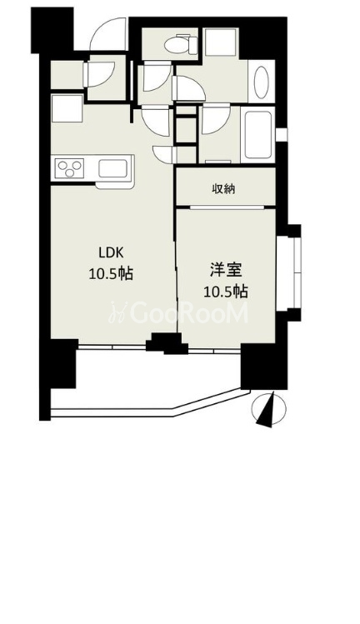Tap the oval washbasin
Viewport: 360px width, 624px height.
coord(261,82)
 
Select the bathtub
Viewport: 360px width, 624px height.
coord(258,135)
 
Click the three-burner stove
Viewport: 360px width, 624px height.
coord(70,167)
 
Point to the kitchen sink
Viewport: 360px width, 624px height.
coord(113,168)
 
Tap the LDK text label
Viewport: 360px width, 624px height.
coord(111,252)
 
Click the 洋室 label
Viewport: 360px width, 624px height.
coord(226,271)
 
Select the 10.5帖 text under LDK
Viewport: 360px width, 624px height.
coord(111,273)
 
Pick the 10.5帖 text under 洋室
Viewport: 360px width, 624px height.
coord(226,292)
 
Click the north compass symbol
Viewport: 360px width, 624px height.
coord(269,410)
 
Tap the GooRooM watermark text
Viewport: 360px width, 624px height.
coord(178,312)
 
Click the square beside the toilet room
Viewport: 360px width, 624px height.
coord(222,44)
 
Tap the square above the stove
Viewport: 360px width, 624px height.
coord(67,108)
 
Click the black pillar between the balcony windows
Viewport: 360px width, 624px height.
coord(167,344)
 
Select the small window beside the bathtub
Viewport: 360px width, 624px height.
coord(282,134)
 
